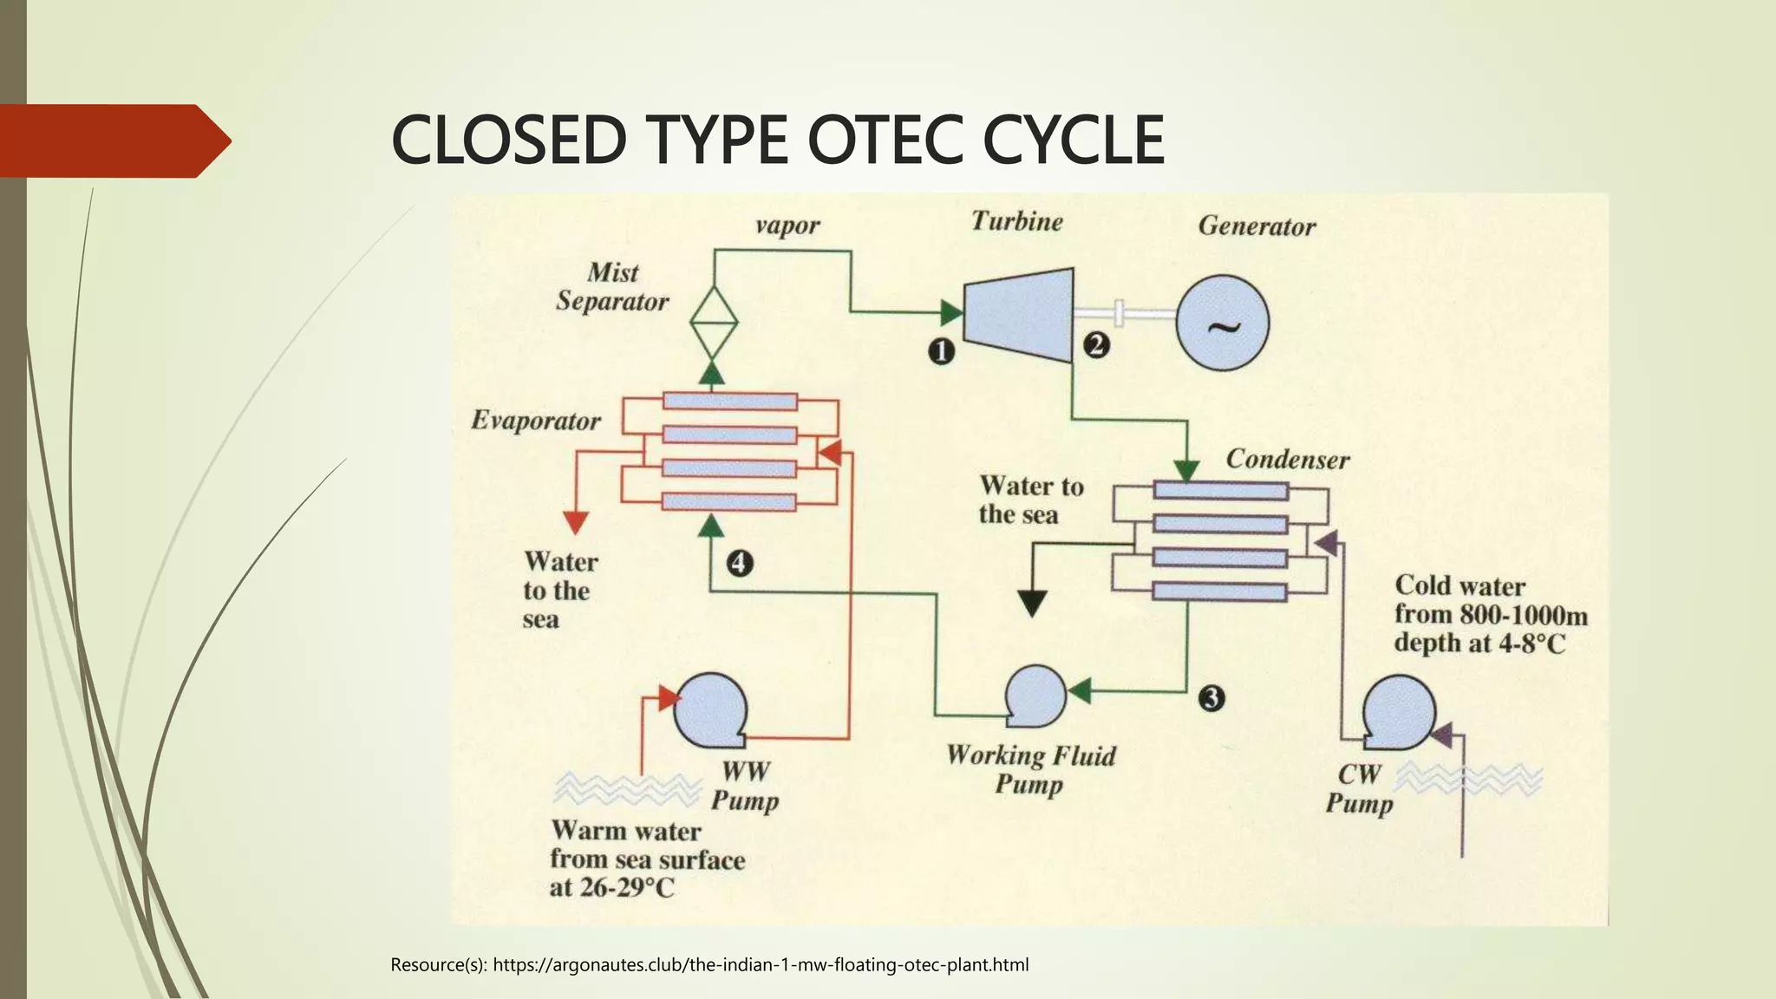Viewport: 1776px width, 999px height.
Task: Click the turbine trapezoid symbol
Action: (x=1019, y=315)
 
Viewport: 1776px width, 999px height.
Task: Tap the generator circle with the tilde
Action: (x=1223, y=323)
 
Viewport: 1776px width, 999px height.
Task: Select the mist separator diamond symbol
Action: (x=713, y=323)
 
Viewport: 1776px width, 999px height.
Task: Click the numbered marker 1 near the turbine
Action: (x=942, y=351)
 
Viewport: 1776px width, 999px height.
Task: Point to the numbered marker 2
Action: (x=1096, y=345)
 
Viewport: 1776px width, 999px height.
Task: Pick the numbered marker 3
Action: (x=1211, y=698)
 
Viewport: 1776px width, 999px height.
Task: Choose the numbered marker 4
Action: (x=739, y=564)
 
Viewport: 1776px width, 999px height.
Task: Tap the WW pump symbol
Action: (x=709, y=710)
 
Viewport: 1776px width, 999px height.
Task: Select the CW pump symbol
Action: (x=1398, y=714)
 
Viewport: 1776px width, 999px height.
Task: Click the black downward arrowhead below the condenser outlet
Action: (x=1032, y=603)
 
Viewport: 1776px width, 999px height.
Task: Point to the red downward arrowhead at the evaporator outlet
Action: (x=576, y=522)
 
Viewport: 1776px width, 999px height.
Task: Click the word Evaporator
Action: (x=536, y=421)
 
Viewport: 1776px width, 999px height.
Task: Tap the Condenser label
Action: (x=1288, y=459)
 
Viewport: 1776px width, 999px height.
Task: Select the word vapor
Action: (x=787, y=225)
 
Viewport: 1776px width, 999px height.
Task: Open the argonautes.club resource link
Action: (x=761, y=964)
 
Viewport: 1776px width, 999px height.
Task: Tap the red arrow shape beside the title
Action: (x=113, y=140)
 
